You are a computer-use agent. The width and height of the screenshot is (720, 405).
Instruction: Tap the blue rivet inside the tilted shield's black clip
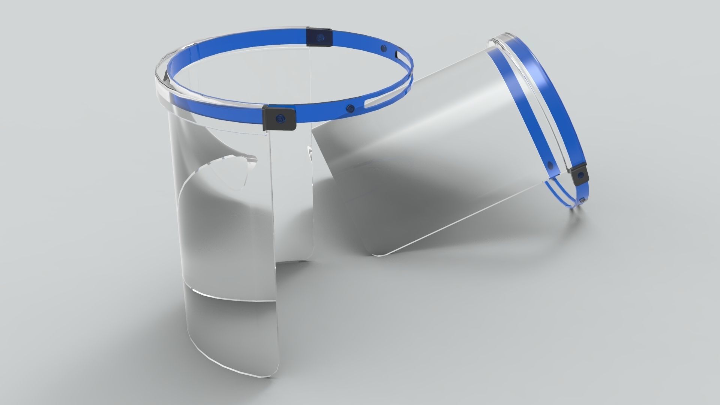click(580, 174)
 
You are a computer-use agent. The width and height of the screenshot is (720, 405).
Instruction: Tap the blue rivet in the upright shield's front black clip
click(278, 118)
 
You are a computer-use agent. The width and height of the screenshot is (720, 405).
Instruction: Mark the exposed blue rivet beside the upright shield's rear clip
click(383, 48)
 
